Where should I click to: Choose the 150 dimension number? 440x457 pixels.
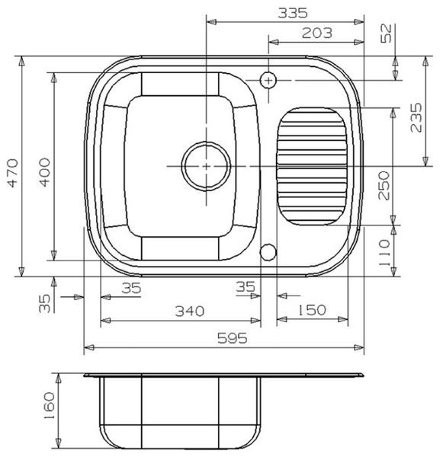[310, 310]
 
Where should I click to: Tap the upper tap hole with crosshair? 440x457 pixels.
[268, 78]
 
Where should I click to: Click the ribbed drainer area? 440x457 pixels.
[311, 165]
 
